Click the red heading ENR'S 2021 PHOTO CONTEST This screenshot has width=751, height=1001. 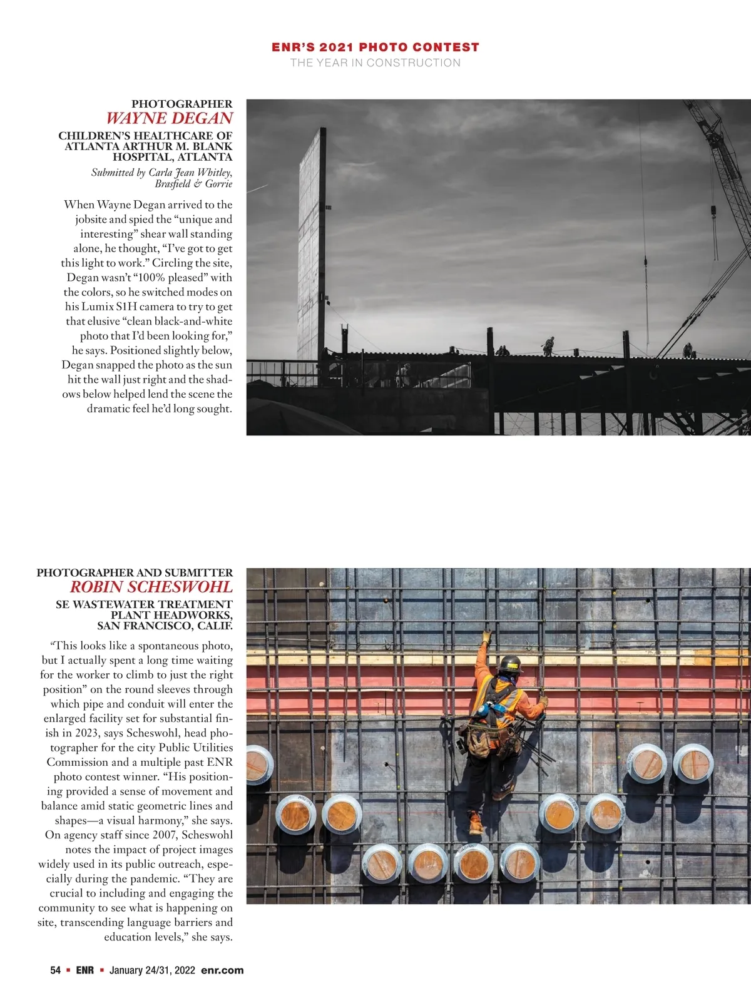[x=375, y=48]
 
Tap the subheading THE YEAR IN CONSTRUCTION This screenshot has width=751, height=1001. [x=375, y=63]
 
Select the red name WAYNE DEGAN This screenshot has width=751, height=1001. [x=169, y=118]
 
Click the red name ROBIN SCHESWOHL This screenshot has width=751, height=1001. [x=151, y=587]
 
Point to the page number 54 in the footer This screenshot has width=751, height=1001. [x=56, y=970]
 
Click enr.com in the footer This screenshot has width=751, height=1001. [x=222, y=970]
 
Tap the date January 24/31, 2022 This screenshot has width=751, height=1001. [x=152, y=970]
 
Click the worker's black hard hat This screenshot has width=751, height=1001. [x=511, y=663]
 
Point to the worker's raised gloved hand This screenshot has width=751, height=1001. [x=486, y=637]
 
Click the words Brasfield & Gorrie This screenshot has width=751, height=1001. [x=193, y=184]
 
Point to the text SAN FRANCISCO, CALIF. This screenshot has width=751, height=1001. [x=165, y=626]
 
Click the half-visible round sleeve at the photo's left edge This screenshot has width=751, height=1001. [x=258, y=764]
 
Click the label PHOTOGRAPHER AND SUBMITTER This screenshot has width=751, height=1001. [x=135, y=572]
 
